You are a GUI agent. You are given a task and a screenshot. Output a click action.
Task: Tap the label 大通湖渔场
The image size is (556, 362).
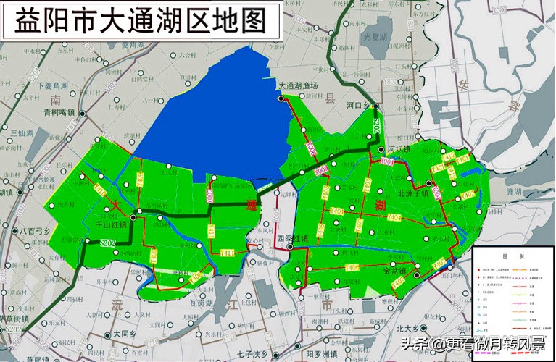coord(299,86)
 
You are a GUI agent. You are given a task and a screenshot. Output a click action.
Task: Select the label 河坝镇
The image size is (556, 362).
coord(399,149)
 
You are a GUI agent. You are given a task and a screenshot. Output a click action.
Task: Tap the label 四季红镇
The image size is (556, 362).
coord(294,238)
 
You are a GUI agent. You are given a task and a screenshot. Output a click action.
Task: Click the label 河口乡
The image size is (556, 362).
coord(358,106)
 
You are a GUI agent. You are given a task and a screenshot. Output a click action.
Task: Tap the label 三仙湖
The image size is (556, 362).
coord(23,132)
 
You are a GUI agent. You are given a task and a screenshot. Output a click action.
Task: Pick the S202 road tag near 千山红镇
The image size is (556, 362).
coord(109,243)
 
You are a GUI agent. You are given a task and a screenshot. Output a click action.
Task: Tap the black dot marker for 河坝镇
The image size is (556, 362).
coord(382,149)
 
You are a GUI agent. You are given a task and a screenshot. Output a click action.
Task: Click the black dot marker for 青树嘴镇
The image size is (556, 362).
coord(82,114)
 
